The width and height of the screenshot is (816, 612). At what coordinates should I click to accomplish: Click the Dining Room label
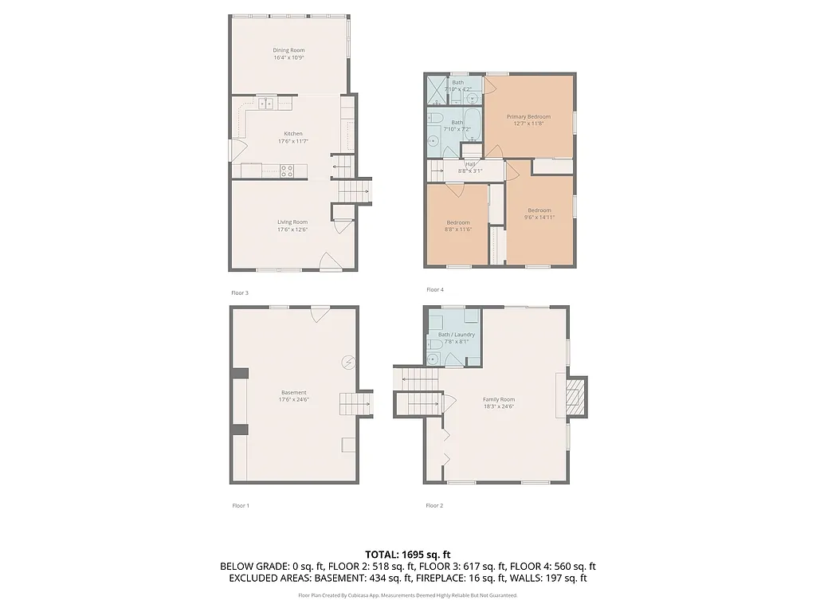click(x=289, y=50)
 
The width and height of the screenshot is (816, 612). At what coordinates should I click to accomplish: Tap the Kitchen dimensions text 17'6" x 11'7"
click(x=292, y=141)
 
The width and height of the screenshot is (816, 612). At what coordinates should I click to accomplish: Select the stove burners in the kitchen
click(x=287, y=170)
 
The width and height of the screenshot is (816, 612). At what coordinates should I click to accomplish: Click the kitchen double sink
click(x=265, y=102)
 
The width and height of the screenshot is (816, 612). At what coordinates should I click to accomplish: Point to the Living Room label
click(x=292, y=222)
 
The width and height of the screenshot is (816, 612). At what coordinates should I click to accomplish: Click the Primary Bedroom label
click(x=528, y=116)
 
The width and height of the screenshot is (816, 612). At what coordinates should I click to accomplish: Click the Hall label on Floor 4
click(x=471, y=164)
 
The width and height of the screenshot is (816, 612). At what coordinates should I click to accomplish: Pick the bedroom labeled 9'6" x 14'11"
click(x=539, y=214)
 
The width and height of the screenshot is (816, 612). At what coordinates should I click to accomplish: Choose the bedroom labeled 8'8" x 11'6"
click(x=458, y=226)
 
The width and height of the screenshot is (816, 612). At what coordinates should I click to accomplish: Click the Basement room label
click(x=293, y=392)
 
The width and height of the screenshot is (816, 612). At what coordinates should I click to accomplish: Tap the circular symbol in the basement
click(x=348, y=362)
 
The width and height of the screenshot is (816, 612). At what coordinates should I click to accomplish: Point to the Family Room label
click(x=499, y=399)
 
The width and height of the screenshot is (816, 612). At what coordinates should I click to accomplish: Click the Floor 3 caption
click(x=240, y=292)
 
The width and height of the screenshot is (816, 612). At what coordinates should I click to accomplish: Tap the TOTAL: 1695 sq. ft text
click(x=408, y=554)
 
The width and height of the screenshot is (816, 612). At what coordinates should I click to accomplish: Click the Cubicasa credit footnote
click(x=408, y=595)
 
